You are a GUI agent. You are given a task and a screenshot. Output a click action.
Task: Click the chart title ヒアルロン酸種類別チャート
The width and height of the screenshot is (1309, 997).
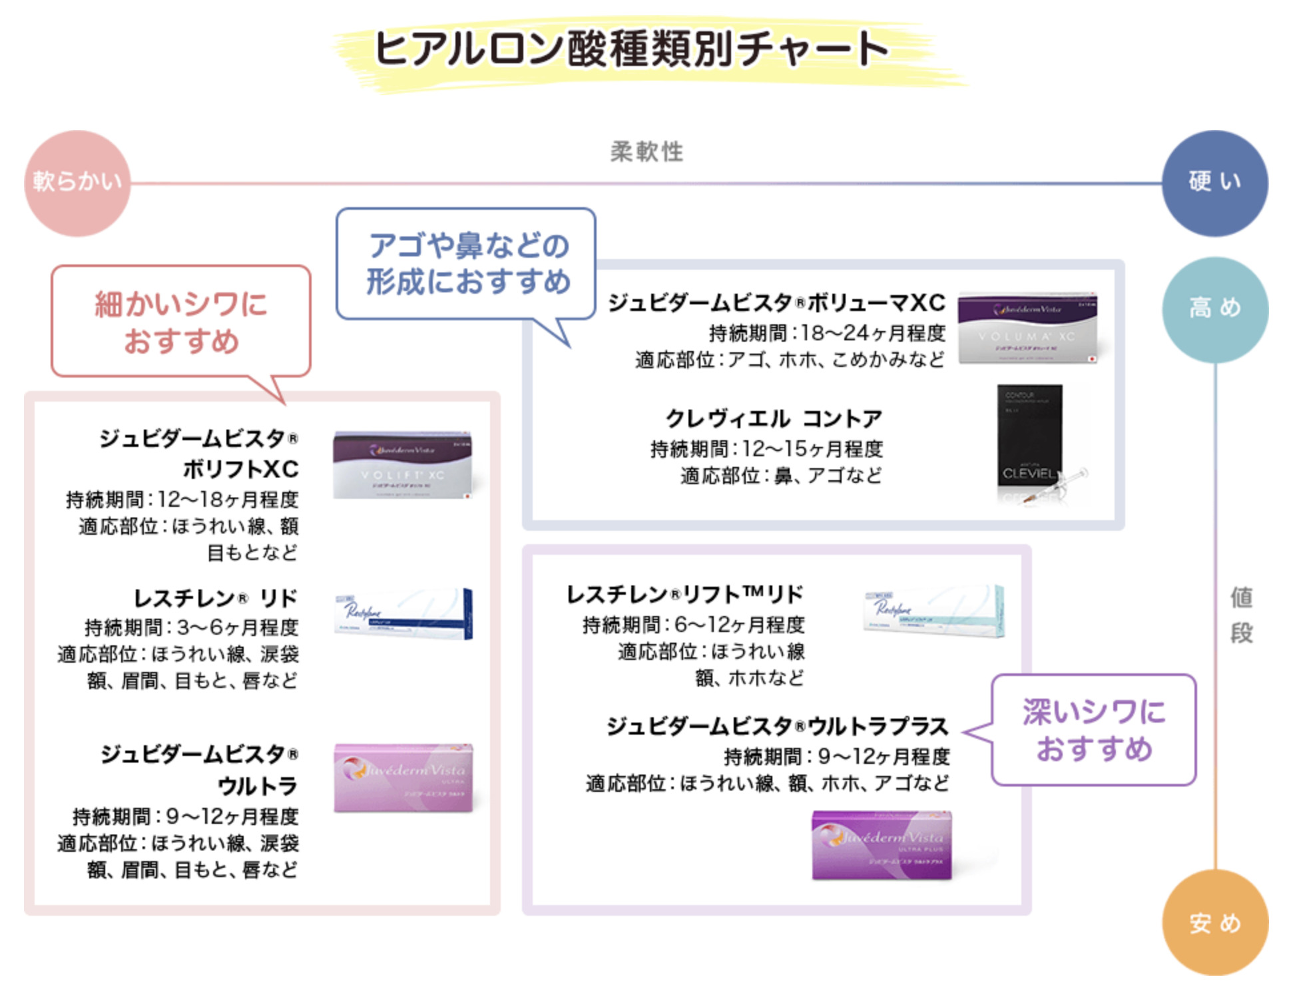[x=631, y=48]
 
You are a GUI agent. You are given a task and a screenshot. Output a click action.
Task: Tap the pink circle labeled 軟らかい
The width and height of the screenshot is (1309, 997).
[x=77, y=182]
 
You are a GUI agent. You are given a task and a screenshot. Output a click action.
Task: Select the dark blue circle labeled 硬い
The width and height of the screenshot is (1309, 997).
[x=1214, y=182]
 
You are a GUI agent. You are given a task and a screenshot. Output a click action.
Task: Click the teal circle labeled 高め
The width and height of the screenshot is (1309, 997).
[x=1214, y=309]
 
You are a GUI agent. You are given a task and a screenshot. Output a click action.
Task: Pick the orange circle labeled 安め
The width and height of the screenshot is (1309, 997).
[x=1214, y=922]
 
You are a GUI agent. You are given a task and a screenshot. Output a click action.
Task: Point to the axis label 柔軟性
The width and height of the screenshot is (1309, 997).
[x=647, y=152]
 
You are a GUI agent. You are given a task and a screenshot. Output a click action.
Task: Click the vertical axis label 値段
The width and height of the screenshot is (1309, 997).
[x=1241, y=615]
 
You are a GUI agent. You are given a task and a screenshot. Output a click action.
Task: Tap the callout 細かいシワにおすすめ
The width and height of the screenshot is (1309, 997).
[x=181, y=322]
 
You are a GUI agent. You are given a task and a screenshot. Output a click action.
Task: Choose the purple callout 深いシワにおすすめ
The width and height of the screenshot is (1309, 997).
[x=1093, y=730]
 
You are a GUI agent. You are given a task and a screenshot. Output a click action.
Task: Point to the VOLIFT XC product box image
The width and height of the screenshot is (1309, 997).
[x=402, y=465]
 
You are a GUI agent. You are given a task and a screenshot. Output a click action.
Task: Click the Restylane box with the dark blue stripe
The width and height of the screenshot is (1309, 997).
[x=403, y=614]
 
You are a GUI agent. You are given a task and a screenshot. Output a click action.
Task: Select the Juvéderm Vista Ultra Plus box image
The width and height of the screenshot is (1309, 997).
[x=882, y=844]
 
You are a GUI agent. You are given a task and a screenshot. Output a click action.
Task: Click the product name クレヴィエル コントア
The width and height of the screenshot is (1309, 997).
[x=773, y=419]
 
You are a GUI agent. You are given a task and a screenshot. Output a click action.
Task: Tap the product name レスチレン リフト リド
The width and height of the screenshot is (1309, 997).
[x=684, y=594]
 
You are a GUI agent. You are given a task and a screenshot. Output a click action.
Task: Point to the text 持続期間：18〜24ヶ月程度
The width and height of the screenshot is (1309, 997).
[x=827, y=332]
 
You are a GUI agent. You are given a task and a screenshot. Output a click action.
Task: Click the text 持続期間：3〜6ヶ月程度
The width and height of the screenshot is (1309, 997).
[x=191, y=627]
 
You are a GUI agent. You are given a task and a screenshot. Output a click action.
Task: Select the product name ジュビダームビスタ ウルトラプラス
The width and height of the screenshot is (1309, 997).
[x=777, y=727]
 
